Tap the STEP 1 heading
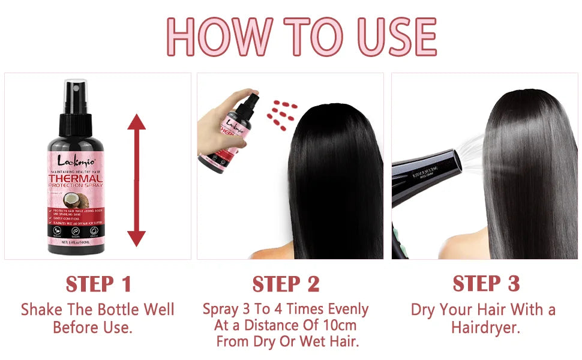tap(98, 284)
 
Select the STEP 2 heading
tap(286, 284)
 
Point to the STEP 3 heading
tap(485, 283)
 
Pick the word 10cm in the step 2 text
tap(338, 325)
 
